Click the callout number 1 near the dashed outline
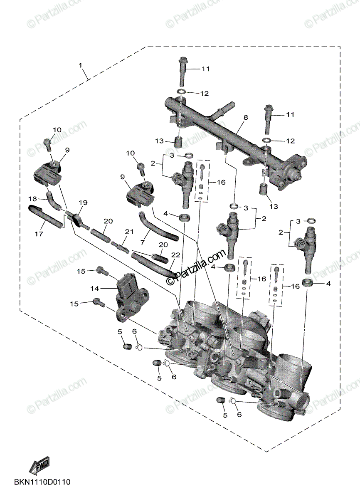81,65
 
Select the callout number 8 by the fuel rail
245,118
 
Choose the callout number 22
175,254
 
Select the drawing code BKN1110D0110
42,482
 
